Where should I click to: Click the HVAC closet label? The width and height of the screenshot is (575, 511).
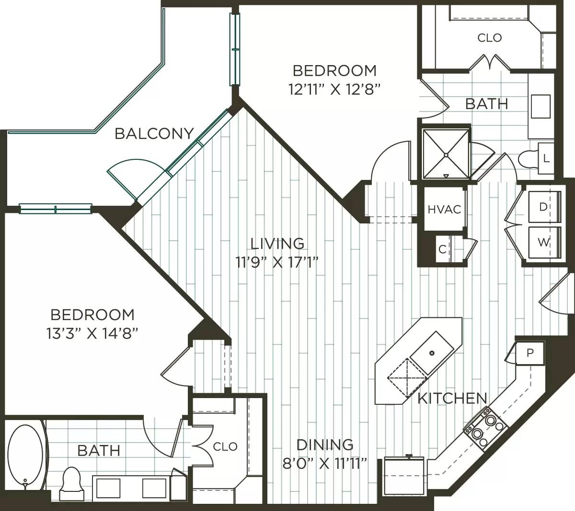pyautogui.click(x=444, y=209)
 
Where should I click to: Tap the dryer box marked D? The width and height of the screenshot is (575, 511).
pyautogui.click(x=543, y=207)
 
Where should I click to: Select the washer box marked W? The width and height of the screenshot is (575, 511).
pyautogui.click(x=543, y=243)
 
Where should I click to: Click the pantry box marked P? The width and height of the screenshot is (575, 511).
pyautogui.click(x=529, y=353)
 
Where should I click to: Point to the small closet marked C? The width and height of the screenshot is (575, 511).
pyautogui.click(x=443, y=249)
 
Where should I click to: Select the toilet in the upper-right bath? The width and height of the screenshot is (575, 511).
pyautogui.click(x=529, y=159)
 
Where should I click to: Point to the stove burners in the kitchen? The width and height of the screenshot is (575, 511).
pyautogui.click(x=484, y=427)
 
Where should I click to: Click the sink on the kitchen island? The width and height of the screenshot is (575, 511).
pyautogui.click(x=431, y=353)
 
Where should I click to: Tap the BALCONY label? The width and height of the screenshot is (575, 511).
pyautogui.click(x=154, y=133)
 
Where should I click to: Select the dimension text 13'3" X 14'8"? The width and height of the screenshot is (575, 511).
pyautogui.click(x=92, y=333)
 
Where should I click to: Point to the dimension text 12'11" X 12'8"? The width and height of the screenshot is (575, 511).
pyautogui.click(x=334, y=89)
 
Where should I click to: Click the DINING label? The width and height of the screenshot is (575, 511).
pyautogui.click(x=325, y=444)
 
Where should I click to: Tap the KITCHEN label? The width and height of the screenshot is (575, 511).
pyautogui.click(x=452, y=398)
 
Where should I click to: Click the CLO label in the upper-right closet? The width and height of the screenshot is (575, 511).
pyautogui.click(x=489, y=37)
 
